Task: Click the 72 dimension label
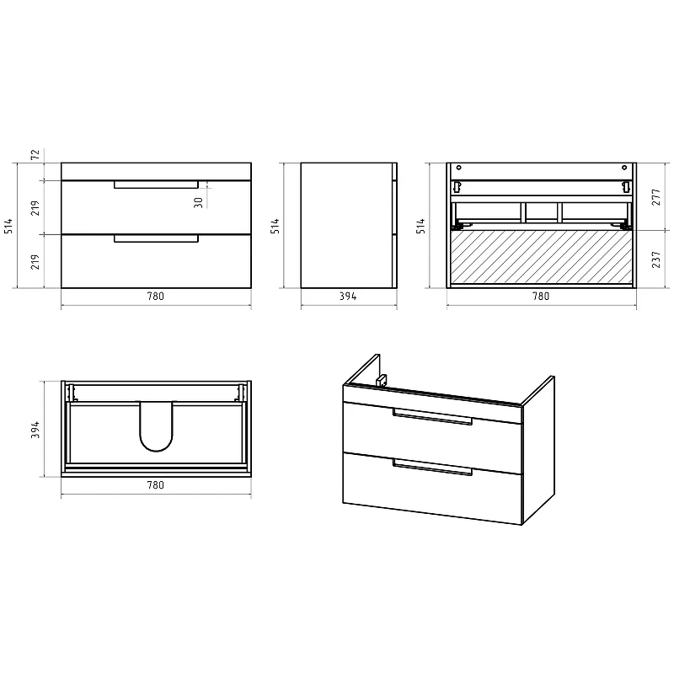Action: point(35,154)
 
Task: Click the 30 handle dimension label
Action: point(198,202)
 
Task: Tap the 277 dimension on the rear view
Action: point(656,197)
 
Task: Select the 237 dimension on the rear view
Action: point(656,259)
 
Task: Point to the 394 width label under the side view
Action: point(348,297)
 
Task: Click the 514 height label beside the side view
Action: point(275,226)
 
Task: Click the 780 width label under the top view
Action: point(156,485)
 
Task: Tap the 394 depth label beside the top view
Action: point(35,430)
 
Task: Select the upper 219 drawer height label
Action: point(35,207)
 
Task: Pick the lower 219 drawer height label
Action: point(35,261)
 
